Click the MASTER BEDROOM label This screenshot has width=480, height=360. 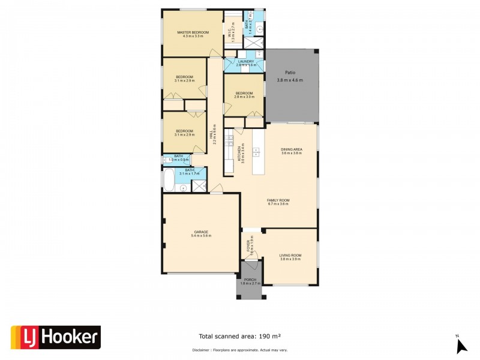[x=193, y=32]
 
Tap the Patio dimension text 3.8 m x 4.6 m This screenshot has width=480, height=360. [x=290, y=80]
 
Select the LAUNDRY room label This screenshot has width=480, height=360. [x=246, y=61]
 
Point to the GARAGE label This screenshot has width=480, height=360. [x=200, y=232]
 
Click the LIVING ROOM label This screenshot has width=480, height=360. [x=290, y=255]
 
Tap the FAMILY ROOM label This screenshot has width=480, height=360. [x=278, y=200]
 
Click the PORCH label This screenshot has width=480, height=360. [x=249, y=279]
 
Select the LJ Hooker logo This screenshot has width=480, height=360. [x=56, y=337]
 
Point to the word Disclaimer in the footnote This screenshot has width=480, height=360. [x=201, y=349]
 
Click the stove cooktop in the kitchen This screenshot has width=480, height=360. [x=229, y=140]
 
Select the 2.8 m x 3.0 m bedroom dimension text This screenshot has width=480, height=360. [x=244, y=97]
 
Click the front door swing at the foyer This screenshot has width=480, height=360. [x=254, y=256]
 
